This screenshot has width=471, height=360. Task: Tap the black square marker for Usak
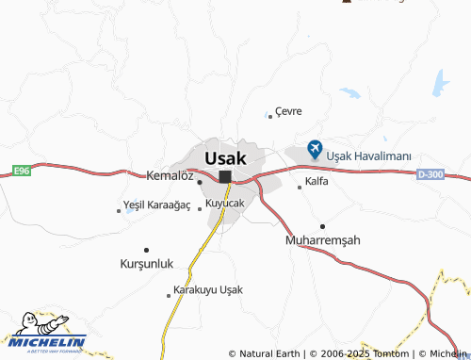[x=225, y=176]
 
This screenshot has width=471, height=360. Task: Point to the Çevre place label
[x=288, y=111]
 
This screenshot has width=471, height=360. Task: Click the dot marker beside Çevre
[x=270, y=117]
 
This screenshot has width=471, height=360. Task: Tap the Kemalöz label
[x=171, y=175]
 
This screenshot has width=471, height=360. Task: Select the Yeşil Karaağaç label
[x=157, y=205]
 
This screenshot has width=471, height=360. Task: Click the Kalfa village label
[x=317, y=181]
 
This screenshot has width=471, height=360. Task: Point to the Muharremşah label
[x=322, y=240]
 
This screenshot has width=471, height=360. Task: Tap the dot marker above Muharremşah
[x=322, y=226]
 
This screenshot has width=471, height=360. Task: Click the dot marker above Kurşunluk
[x=146, y=250]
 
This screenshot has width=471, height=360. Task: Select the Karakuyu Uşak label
[x=208, y=291]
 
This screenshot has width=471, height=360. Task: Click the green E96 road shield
[x=22, y=171]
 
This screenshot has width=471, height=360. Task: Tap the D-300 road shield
[x=430, y=174]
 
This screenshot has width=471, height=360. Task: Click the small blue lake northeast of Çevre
[x=350, y=94]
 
